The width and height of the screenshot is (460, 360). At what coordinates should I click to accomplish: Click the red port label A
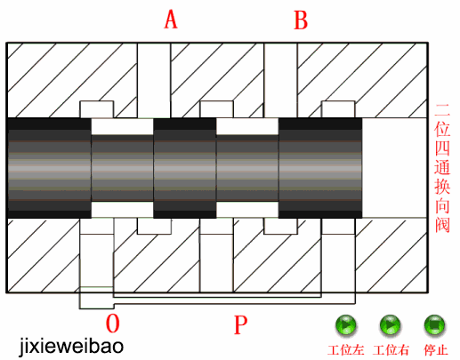click(171, 20)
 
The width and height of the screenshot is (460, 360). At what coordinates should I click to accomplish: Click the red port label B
click(301, 20)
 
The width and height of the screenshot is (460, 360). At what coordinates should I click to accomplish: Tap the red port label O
click(113, 324)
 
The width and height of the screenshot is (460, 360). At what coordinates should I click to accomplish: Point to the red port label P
click(240, 324)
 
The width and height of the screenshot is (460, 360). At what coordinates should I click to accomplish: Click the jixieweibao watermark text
click(71, 346)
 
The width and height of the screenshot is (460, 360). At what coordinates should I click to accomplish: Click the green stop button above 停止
click(434, 325)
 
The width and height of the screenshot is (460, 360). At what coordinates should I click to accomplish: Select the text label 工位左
click(346, 350)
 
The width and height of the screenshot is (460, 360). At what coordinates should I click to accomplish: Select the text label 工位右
click(391, 350)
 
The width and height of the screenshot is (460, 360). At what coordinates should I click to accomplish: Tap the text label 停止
click(435, 350)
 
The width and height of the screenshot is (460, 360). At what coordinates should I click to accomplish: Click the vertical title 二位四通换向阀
click(442, 168)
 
